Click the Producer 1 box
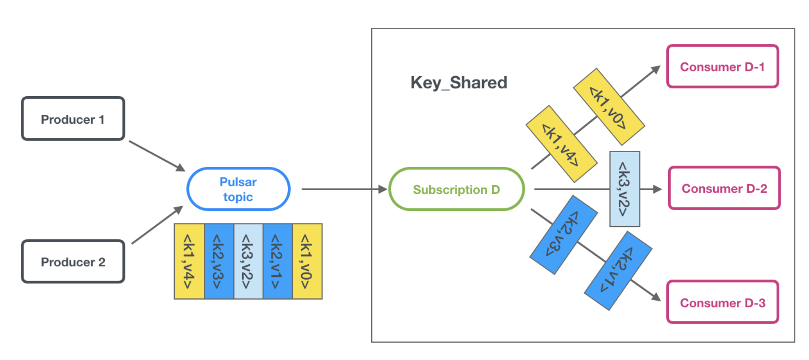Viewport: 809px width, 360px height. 73,119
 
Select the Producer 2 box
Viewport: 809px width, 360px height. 73,262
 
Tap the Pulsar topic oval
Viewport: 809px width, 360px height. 238,189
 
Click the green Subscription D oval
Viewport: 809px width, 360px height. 456,189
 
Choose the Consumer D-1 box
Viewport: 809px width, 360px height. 723,67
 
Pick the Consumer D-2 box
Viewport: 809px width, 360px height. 724,188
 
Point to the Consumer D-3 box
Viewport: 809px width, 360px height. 723,302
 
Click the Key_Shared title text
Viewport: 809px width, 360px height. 459,82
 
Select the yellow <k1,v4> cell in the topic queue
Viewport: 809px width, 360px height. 189,262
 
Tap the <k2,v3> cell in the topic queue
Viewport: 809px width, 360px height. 219,262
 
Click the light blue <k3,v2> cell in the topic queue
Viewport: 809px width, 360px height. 248,262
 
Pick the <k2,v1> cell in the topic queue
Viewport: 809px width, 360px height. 277,262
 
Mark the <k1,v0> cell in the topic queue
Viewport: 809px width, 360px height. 307,262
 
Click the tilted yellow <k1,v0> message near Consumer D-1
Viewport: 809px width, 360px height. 609,107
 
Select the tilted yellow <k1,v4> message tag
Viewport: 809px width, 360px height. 561,144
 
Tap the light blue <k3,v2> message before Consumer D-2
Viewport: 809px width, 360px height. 624,189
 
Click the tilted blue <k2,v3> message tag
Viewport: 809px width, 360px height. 563,235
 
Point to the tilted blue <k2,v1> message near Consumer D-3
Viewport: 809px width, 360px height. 618,270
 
